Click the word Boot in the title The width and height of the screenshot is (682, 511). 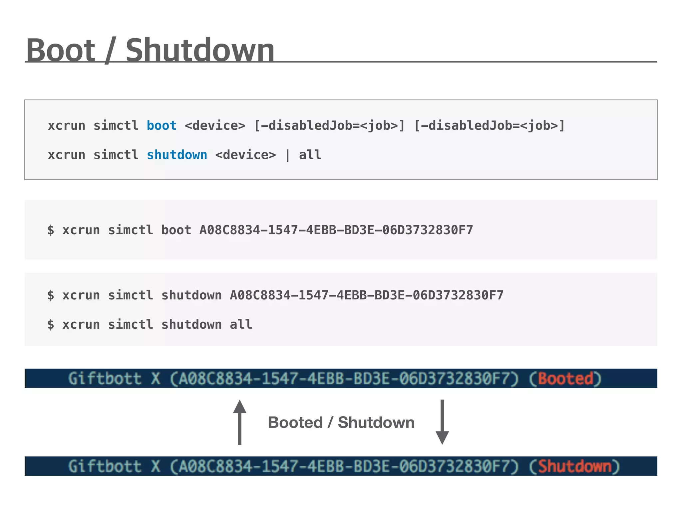61,50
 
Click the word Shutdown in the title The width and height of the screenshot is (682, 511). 200,50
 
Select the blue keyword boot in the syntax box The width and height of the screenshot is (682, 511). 162,126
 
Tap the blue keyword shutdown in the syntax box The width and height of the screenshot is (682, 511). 177,155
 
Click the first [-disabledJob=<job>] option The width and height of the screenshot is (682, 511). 329,126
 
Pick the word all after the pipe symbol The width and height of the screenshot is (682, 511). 310,155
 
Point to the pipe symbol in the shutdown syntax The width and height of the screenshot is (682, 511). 287,155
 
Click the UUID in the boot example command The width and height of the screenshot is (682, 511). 336,230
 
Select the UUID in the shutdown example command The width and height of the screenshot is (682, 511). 367,295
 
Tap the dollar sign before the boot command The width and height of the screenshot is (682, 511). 51,230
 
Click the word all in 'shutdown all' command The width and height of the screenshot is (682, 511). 241,325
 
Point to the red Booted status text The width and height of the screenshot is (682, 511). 565,379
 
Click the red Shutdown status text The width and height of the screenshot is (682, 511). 575,466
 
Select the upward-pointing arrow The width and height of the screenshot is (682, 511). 239,422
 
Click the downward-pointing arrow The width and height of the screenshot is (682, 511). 442,422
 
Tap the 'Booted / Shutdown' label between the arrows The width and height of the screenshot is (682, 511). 341,423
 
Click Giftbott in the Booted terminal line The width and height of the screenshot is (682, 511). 105,379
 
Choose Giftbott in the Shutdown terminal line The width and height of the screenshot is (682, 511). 105,466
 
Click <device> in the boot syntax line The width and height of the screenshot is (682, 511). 215,126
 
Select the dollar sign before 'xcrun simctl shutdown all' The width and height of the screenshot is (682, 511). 51,325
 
